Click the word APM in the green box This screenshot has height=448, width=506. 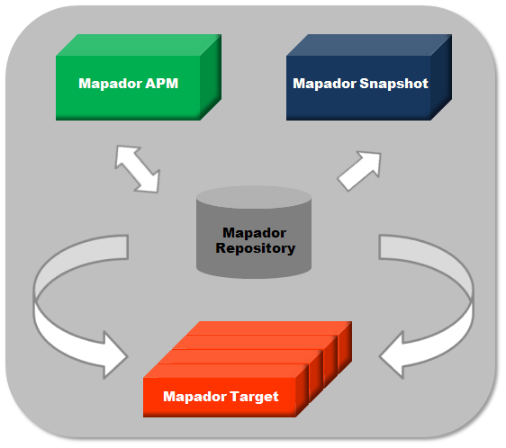162,84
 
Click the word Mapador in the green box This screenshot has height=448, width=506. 111,84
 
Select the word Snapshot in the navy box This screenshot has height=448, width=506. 393,84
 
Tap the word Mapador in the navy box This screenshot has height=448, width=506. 324,84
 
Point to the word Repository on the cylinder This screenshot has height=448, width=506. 256,248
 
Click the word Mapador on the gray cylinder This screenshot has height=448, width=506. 254,233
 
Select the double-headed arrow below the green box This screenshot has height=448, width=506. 138,169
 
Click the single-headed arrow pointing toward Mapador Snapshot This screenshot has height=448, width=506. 359,171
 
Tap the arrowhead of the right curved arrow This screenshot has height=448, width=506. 392,355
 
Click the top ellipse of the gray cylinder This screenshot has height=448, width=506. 254,197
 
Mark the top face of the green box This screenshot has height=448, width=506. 139,45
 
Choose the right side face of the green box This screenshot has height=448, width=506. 211,77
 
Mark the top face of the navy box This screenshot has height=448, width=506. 369,45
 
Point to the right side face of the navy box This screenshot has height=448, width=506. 441,77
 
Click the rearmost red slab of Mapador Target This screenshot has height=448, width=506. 269,328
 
